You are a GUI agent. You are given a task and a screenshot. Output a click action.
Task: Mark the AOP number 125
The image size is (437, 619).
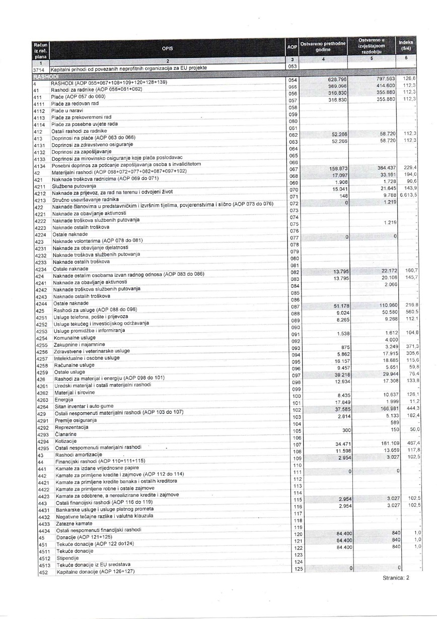click(x=297, y=569)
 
